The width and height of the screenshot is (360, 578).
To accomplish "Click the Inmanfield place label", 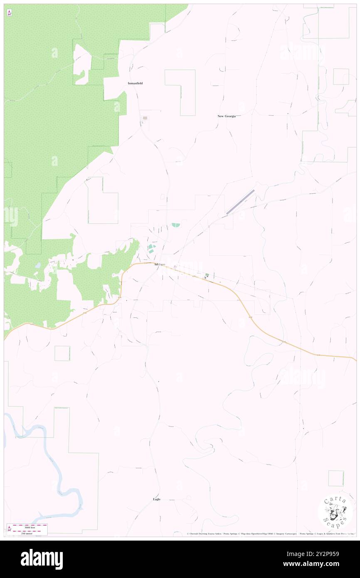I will [x=135, y=84].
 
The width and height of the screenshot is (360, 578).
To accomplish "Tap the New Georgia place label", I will [x=227, y=116].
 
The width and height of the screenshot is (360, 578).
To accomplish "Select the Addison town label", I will [x=159, y=264].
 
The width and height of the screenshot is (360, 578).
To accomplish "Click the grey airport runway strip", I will [x=240, y=202].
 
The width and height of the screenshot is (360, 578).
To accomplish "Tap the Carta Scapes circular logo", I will [x=335, y=512].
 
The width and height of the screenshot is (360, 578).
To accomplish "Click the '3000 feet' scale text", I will [x=30, y=527].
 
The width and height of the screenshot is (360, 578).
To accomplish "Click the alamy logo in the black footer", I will [x=42, y=559].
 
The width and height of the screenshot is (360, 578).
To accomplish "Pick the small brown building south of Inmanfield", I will [x=145, y=118].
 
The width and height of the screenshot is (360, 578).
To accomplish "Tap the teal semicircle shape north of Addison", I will [x=176, y=225].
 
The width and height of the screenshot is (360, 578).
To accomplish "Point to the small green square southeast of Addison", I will [x=207, y=275].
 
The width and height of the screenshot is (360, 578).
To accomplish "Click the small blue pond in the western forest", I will [x=38, y=265].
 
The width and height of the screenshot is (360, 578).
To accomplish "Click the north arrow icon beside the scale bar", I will [x=10, y=529].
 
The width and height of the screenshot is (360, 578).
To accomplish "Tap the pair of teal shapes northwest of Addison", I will [x=152, y=249].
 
